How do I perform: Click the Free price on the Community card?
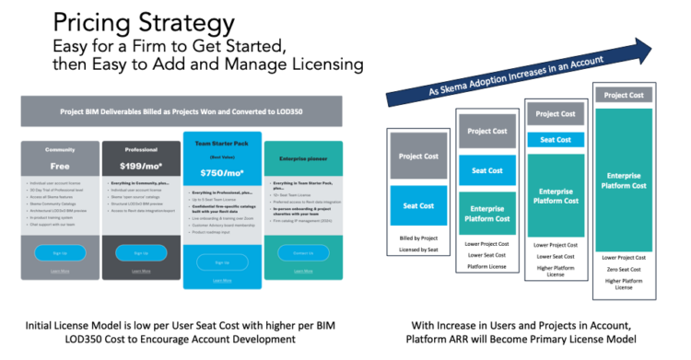[x=61, y=166]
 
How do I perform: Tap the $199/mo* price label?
[x=140, y=166]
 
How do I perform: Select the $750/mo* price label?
[x=219, y=173]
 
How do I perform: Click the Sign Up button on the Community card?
[x=61, y=252]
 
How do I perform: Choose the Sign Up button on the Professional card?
[x=140, y=252]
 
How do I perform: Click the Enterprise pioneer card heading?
[x=300, y=159]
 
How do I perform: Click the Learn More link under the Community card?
[x=61, y=271]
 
